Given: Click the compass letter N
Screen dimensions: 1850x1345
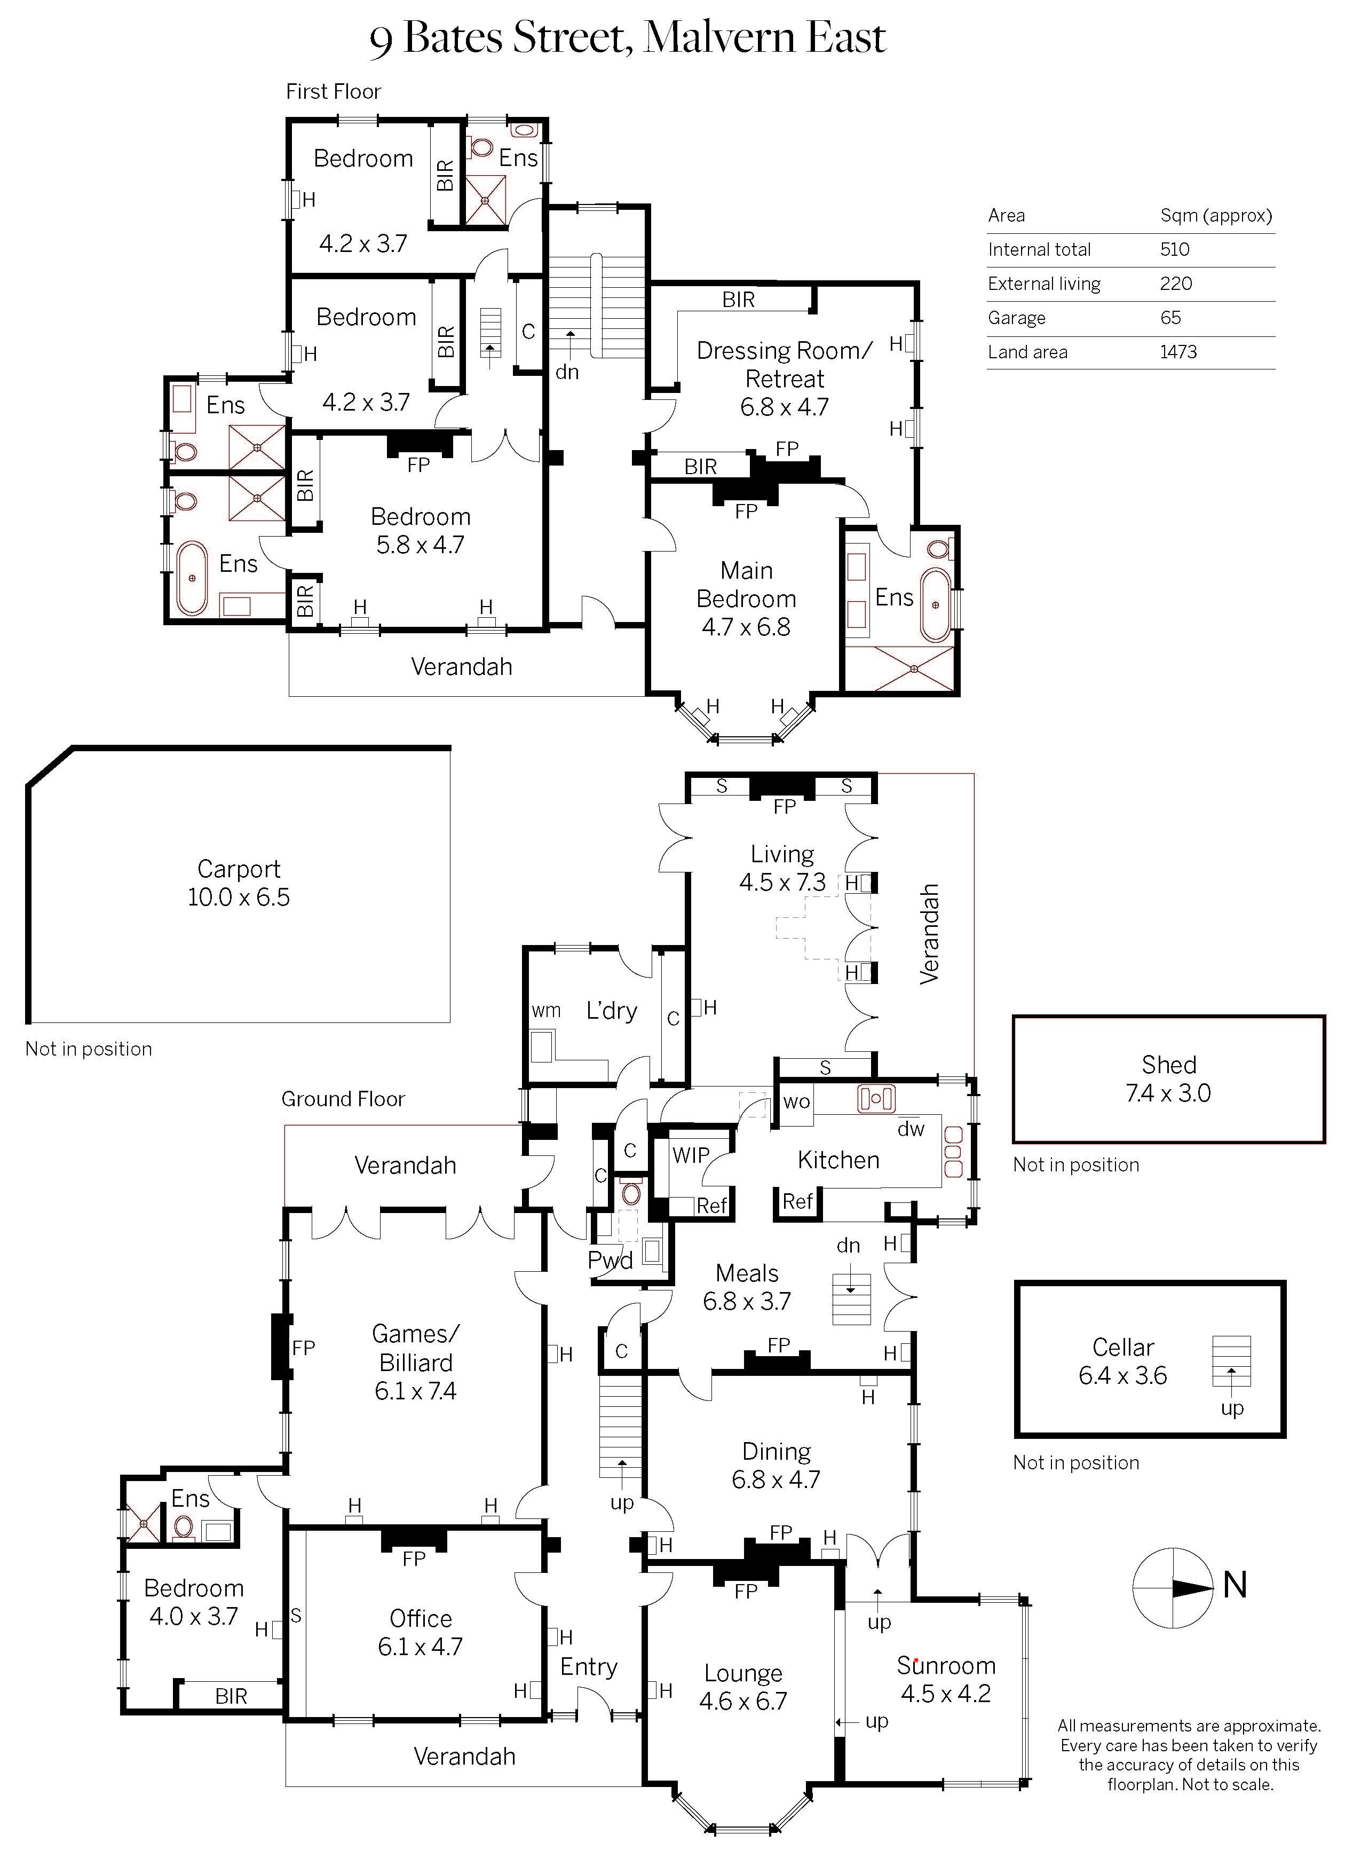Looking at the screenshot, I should point(1235,1585).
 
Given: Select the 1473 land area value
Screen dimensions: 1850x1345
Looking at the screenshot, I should point(1178,352).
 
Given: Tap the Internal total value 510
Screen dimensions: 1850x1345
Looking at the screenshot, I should point(1175,250).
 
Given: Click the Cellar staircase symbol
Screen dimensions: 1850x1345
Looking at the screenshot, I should point(1231,1360).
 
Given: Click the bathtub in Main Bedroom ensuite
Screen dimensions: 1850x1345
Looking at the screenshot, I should point(936,604).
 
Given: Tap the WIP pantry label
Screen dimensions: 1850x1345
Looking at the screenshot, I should point(690,1155).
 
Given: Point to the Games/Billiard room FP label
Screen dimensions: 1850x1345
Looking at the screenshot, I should point(303,1348).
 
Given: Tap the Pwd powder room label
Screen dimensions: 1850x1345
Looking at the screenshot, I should point(610,1260).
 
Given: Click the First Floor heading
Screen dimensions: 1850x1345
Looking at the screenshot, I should point(333,91).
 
